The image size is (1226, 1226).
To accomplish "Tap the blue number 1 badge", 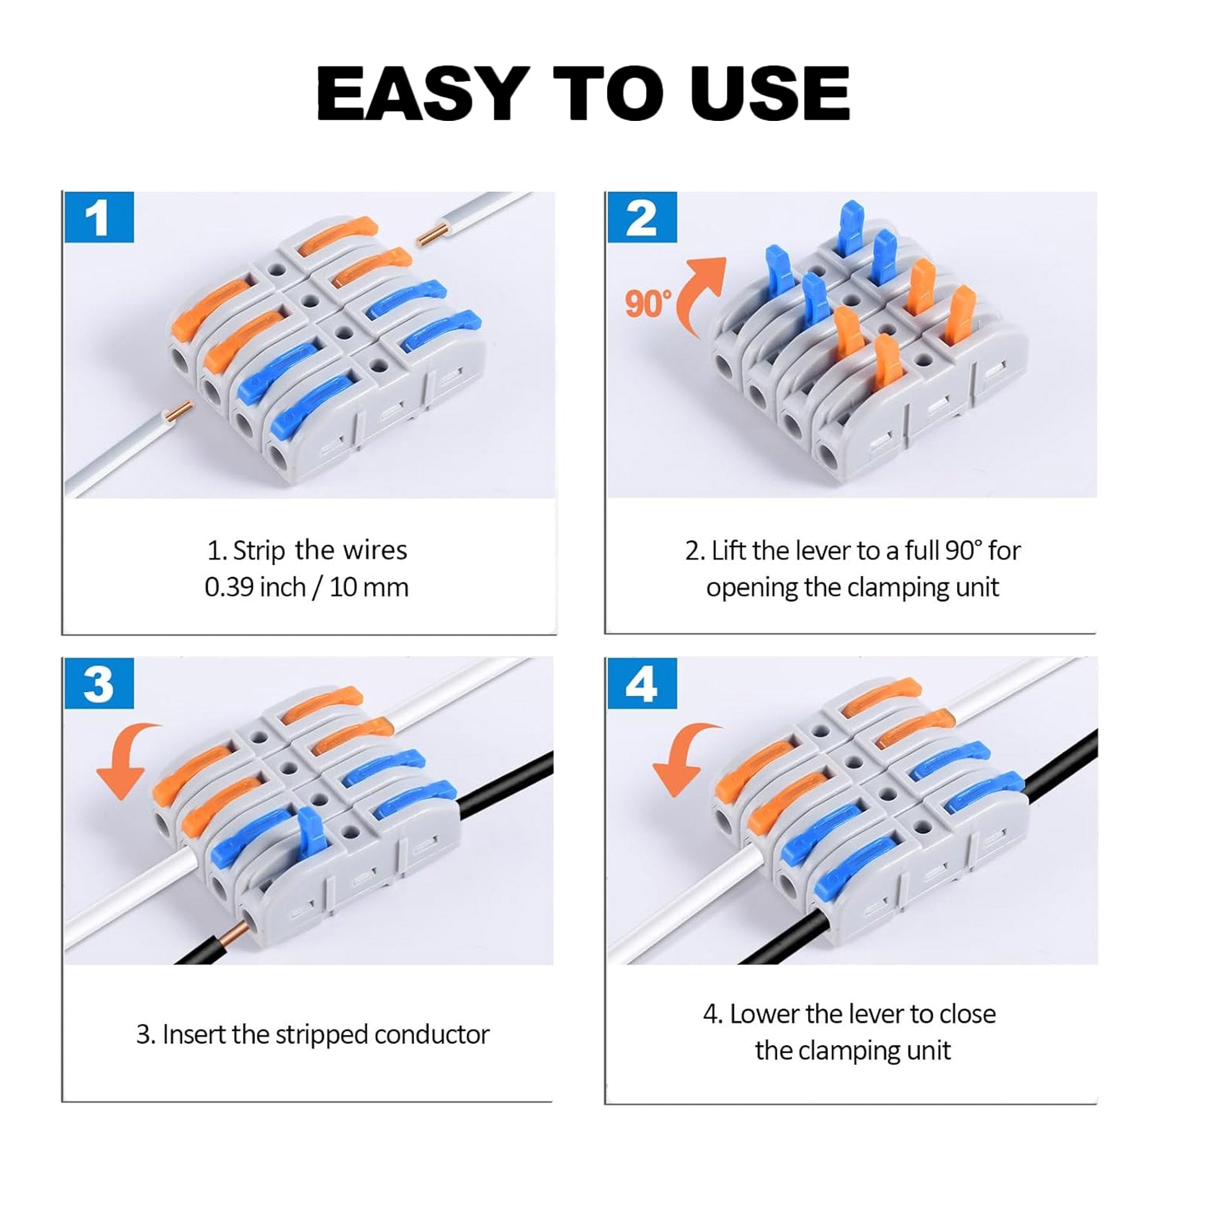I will tap(98, 218).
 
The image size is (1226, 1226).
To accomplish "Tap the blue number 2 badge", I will tap(642, 218).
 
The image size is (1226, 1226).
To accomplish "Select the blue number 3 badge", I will tap(98, 684).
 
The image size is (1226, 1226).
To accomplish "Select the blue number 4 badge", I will tap(642, 684).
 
